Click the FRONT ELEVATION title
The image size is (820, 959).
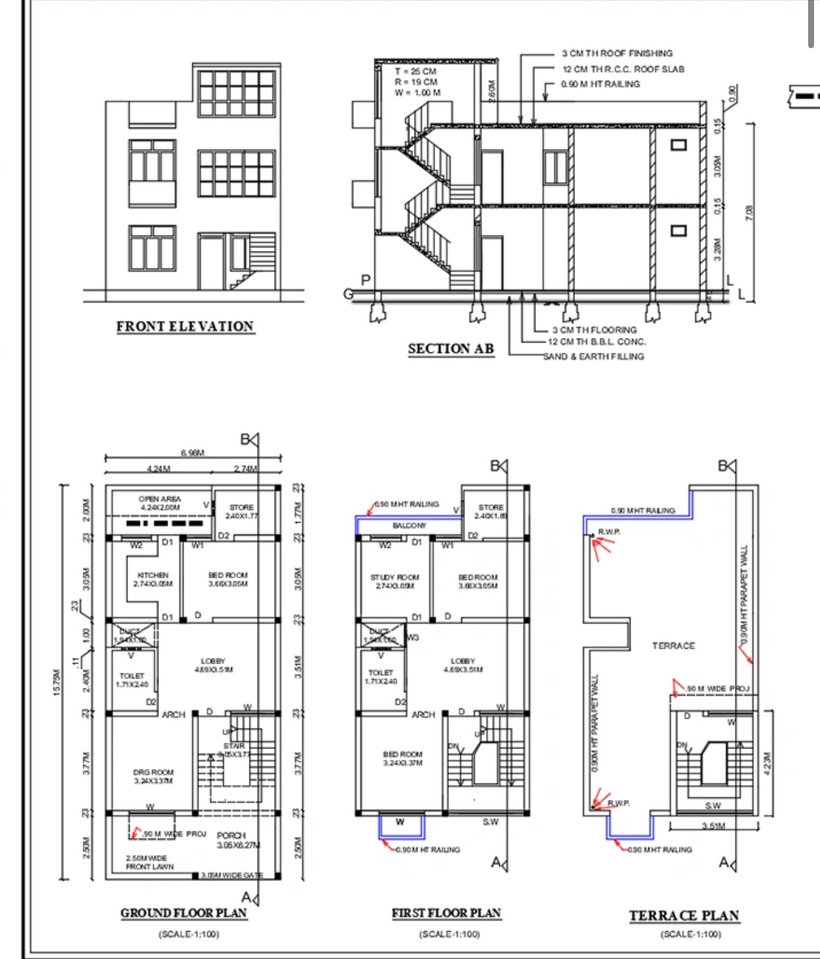[x=185, y=327]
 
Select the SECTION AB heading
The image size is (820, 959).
[x=451, y=349]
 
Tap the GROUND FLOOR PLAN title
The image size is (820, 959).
[x=184, y=913]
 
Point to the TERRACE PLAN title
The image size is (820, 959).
[x=684, y=915]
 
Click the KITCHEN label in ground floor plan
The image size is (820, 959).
[x=153, y=576]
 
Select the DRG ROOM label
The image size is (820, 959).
[x=153, y=772]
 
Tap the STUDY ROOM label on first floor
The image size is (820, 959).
[x=395, y=578]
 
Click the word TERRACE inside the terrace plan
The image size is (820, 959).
[x=673, y=646]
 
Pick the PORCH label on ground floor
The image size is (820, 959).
[x=231, y=836]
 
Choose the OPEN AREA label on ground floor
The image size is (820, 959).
[x=160, y=500]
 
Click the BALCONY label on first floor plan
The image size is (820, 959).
[x=409, y=526]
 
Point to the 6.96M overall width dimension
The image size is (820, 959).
[x=192, y=453]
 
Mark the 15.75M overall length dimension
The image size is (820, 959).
[x=57, y=682]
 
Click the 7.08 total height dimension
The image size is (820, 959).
[x=749, y=213]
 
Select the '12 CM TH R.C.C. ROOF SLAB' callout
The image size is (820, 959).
[x=623, y=69]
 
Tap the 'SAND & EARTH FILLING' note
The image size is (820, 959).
[x=594, y=356]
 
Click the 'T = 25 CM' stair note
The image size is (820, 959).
[x=416, y=71]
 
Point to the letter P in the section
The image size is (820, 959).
[x=366, y=281]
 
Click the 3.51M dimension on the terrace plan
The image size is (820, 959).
[x=713, y=826]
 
